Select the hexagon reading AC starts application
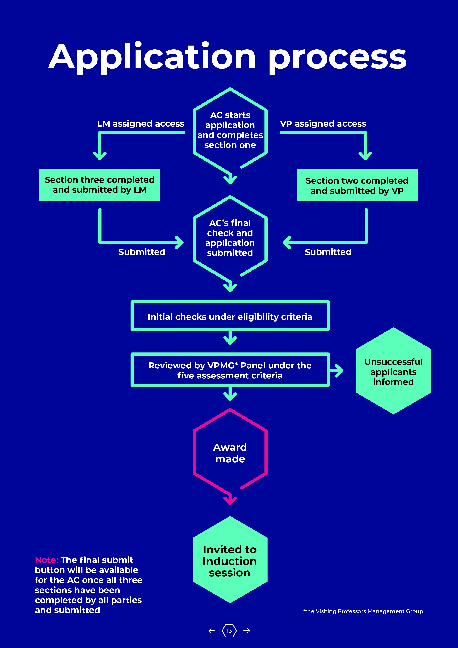point(230,130)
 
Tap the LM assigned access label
point(141,124)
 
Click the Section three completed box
point(100,185)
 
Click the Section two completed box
point(357,185)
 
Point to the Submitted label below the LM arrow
point(142,252)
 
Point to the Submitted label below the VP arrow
point(328,252)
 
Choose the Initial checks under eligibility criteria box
point(230,316)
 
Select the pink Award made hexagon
point(230,453)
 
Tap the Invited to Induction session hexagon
point(230,561)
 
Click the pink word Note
point(47,560)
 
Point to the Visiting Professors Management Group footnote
point(363,611)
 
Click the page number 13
point(229,630)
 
